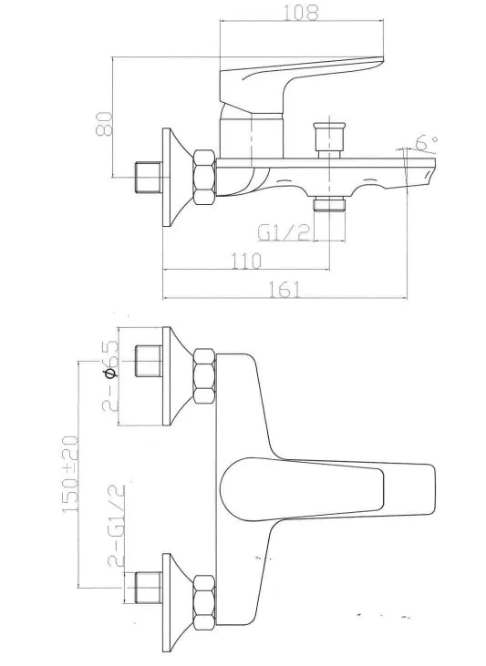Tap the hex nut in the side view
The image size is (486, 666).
point(203,177)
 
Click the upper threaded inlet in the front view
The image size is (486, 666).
point(146,362)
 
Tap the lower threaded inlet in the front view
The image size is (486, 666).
point(146,591)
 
